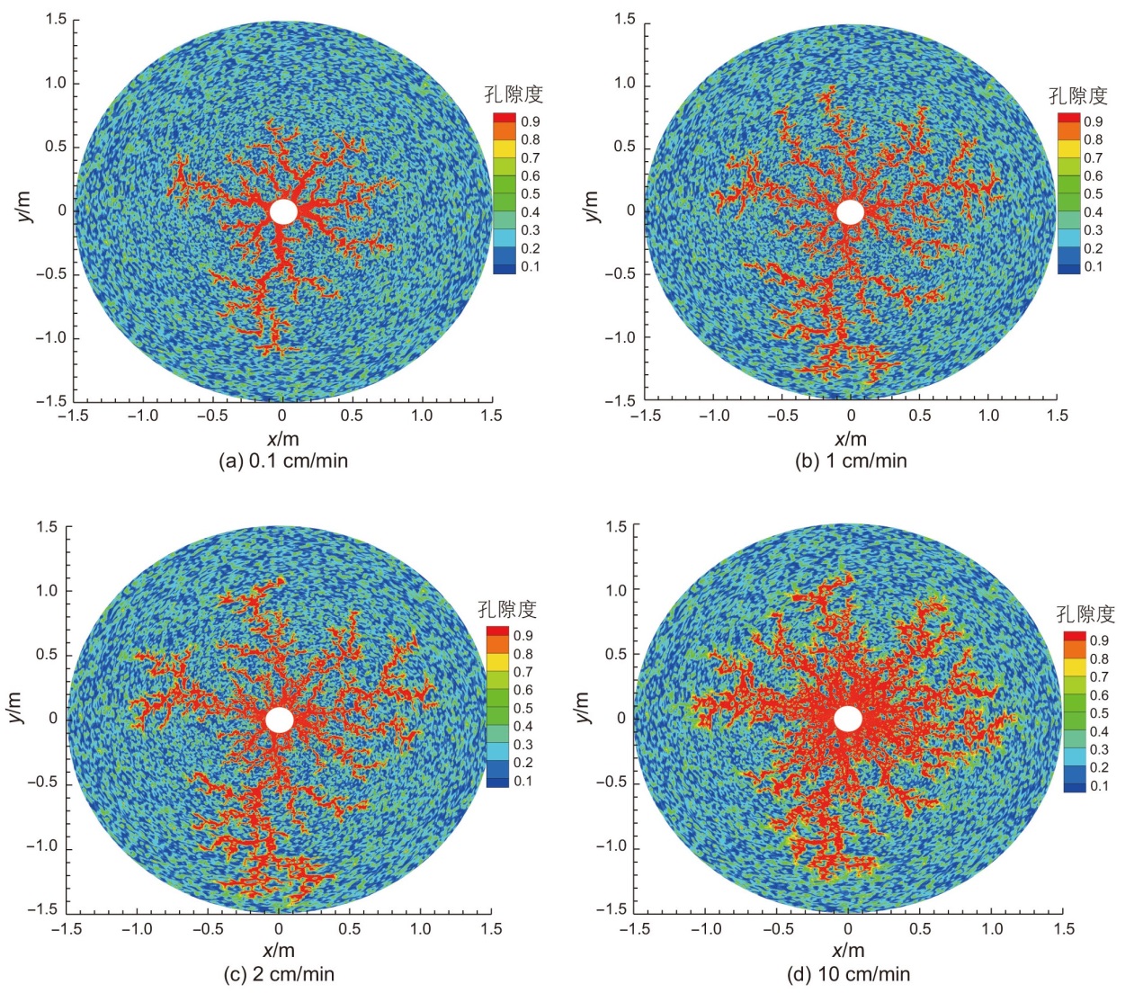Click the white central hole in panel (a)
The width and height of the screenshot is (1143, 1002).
(283, 211)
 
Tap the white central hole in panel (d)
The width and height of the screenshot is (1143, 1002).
(848, 719)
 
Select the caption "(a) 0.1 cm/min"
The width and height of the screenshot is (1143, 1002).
(283, 461)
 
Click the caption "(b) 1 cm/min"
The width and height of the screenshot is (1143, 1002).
(851, 461)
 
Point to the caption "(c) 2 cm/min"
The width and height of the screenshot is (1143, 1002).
(279, 973)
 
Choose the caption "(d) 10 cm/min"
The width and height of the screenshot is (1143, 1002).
(848, 973)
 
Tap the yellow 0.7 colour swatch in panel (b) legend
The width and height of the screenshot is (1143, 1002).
(1068, 157)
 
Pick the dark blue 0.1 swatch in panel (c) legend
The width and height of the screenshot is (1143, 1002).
(497, 781)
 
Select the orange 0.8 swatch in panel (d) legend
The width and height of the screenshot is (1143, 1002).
(1075, 658)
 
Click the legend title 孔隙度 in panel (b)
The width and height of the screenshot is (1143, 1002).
(1078, 95)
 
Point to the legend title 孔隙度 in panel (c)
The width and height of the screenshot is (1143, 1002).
(507, 609)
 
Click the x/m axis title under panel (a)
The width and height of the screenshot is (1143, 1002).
(282, 439)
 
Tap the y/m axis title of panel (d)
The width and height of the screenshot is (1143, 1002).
(583, 707)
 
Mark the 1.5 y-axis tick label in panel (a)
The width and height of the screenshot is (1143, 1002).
(57, 20)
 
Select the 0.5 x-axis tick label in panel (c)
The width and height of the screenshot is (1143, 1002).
(350, 928)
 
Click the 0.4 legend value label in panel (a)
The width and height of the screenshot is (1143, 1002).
(531, 212)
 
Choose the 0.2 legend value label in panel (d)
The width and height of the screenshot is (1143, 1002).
(1099, 767)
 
